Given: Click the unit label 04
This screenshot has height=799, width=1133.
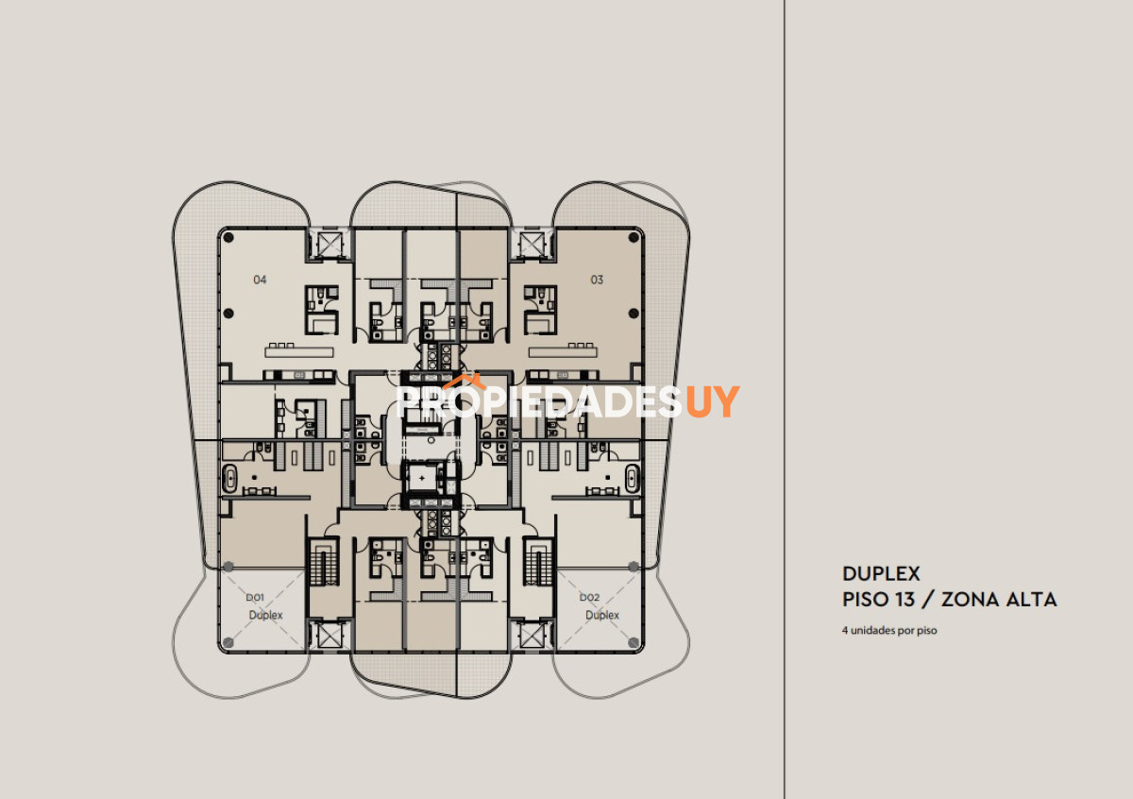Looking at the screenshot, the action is pos(260,280).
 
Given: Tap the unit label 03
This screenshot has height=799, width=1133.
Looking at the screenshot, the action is pos(597,280).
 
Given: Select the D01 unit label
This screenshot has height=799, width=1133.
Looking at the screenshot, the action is pos(255,597).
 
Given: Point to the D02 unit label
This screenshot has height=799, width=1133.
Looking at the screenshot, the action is pos(589,597).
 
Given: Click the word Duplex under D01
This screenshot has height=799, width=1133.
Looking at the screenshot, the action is pos(265,616).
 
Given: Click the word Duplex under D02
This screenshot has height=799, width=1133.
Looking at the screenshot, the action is pos(602,616).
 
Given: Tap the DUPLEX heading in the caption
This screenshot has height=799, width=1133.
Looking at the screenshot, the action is pos(881,574).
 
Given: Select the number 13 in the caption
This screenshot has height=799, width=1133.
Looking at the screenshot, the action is pos(905,600).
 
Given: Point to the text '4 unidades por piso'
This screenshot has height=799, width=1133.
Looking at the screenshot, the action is pos(889,631).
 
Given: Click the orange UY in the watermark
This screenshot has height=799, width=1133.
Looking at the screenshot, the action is pos(712,401).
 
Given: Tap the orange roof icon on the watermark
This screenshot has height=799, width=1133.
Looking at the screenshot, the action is pos(464,382).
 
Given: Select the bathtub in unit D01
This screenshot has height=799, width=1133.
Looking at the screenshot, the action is pos(229,478).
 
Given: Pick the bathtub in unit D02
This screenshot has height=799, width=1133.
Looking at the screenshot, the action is pos(633,478).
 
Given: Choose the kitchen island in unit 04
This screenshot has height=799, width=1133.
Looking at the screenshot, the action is pos(299,352).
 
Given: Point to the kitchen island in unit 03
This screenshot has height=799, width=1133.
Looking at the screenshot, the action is pos(563,352).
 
